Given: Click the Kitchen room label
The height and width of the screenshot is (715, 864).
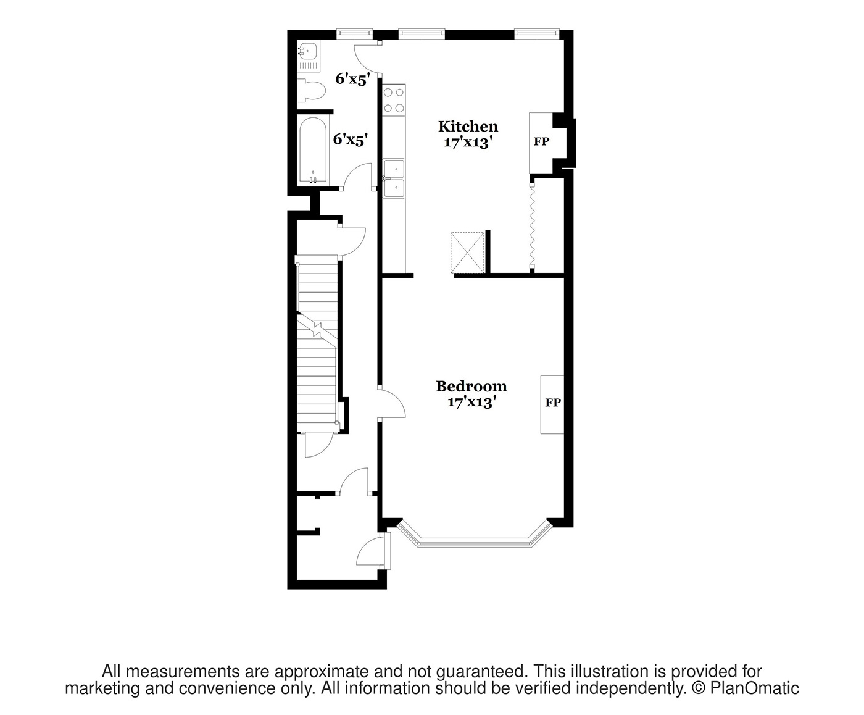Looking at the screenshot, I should (468, 127).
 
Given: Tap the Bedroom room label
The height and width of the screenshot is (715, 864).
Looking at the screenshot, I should (471, 387).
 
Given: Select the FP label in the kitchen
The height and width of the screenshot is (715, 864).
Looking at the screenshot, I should (541, 142).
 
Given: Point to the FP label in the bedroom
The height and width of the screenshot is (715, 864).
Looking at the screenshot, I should (552, 403).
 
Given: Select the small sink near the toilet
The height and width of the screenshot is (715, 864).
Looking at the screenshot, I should (307, 49).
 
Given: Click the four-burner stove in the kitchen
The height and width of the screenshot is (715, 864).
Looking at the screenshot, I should (394, 101).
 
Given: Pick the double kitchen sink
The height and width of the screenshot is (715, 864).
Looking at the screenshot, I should (394, 178).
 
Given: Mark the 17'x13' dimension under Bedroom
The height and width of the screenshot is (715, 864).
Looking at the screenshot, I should (471, 403).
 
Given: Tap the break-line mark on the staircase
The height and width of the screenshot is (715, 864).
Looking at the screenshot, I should (317, 328).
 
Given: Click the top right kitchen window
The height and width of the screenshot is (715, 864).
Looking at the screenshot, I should (537, 33).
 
